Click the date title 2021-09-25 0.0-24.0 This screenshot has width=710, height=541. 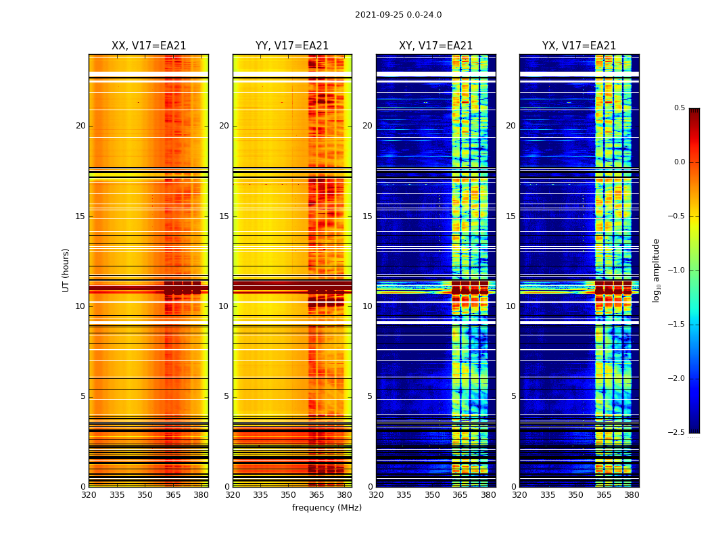[398, 15]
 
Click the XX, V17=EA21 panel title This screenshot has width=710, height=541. [149, 46]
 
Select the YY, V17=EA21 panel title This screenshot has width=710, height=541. [292, 46]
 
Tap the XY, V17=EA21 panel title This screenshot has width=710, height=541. [436, 46]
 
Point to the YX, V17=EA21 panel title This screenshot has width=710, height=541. [579, 46]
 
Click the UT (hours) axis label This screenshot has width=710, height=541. [66, 270]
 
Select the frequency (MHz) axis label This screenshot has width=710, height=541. [327, 508]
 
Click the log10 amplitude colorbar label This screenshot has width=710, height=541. [656, 270]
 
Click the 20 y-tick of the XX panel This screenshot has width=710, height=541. [80, 126]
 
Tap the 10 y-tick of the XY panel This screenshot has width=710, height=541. [367, 306]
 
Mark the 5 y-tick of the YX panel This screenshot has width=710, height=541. [513, 396]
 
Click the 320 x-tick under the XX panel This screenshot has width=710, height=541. [89, 495]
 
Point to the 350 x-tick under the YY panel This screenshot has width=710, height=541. [289, 495]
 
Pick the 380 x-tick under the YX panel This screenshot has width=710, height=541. [632, 495]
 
